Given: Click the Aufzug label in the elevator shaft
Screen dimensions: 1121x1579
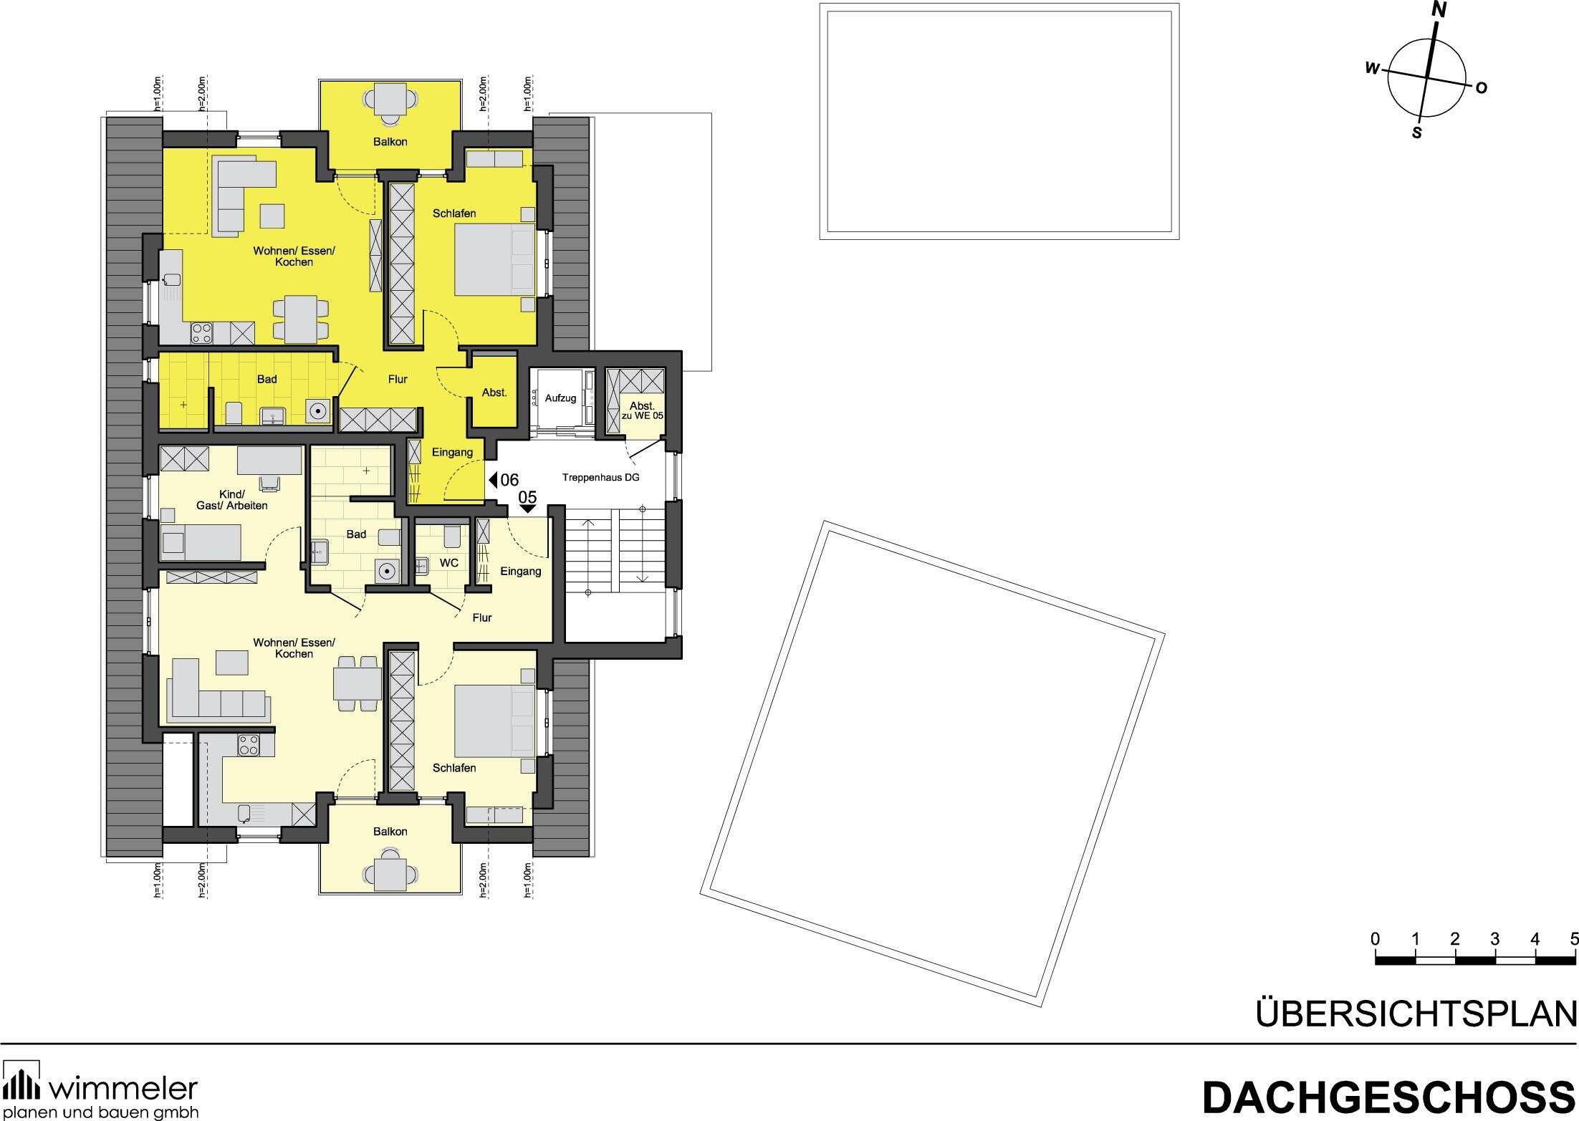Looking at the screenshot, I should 560,398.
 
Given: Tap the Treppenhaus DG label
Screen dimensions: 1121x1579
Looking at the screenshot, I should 600,477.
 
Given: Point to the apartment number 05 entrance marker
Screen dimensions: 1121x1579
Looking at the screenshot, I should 527,499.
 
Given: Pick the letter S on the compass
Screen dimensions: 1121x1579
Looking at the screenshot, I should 1416,133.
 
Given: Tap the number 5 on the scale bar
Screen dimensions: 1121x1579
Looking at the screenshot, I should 1573,958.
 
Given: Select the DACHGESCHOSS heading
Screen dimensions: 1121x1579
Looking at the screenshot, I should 1389,1096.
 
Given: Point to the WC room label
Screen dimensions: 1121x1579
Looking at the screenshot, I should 449,563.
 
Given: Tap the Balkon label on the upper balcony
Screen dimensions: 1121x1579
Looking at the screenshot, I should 390,142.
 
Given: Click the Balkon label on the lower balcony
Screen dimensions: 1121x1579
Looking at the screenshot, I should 390,832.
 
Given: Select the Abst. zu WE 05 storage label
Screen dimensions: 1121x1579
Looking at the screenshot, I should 642,410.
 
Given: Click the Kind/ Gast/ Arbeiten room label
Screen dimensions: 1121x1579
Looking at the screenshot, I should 232,500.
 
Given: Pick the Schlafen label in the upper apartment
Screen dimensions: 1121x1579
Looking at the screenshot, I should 454,213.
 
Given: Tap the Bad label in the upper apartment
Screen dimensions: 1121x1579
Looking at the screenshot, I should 267,379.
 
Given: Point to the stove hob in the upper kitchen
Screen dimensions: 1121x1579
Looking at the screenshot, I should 201,332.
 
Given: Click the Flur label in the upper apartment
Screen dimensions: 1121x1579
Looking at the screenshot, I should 398,380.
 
